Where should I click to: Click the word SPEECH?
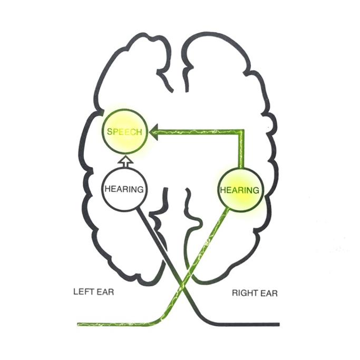[x=124, y=132]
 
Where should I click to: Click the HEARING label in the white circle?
[x=124, y=189]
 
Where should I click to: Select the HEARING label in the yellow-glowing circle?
[x=239, y=190]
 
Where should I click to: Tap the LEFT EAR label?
[x=94, y=292]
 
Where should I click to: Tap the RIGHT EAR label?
[x=255, y=293]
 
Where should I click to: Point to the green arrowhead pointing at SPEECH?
[x=154, y=132]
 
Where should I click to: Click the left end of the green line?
[x=79, y=324]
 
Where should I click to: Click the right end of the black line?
[x=278, y=324]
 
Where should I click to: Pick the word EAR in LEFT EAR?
[x=105, y=292]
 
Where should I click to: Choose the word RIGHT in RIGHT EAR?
[x=244, y=293]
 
